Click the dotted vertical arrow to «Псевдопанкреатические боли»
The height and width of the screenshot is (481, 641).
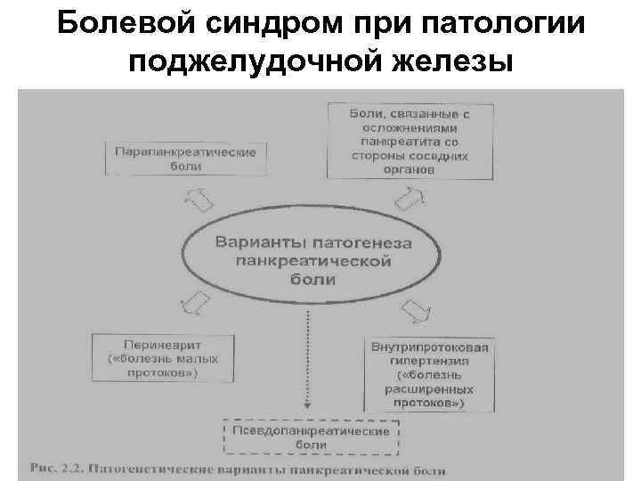(x=308, y=356)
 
